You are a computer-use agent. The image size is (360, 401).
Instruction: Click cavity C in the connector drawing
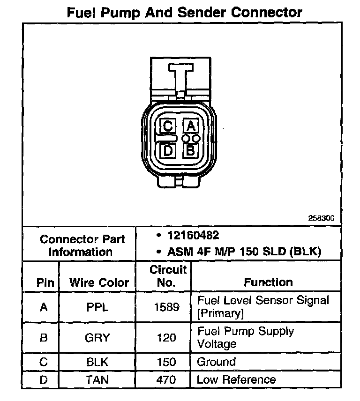coord(168,126)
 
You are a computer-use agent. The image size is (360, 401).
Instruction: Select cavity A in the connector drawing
coord(191,126)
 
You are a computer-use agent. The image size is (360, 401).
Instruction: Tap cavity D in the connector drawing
coord(168,151)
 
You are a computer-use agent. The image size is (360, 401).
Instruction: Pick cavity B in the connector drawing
coord(191,151)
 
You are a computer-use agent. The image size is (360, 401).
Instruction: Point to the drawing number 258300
coord(321,218)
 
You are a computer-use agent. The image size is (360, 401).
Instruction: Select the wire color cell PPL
coord(98,307)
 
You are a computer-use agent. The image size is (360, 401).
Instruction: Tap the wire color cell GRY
coord(98,337)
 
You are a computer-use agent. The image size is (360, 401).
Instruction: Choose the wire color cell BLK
coord(98,362)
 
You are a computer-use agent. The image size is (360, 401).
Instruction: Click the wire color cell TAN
coord(98,380)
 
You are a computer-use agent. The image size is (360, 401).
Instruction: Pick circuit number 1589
coord(166,307)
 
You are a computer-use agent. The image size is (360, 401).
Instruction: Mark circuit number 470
coord(166,380)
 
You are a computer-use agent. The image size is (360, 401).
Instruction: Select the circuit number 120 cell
coord(166,337)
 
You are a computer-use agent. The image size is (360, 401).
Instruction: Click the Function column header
coord(268,282)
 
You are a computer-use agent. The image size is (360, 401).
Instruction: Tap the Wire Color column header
coord(99,282)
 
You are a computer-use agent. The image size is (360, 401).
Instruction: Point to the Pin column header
coord(45,283)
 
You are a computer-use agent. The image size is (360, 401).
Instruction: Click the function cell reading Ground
coord(216,362)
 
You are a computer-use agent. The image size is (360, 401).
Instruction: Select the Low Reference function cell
coord(236,380)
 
